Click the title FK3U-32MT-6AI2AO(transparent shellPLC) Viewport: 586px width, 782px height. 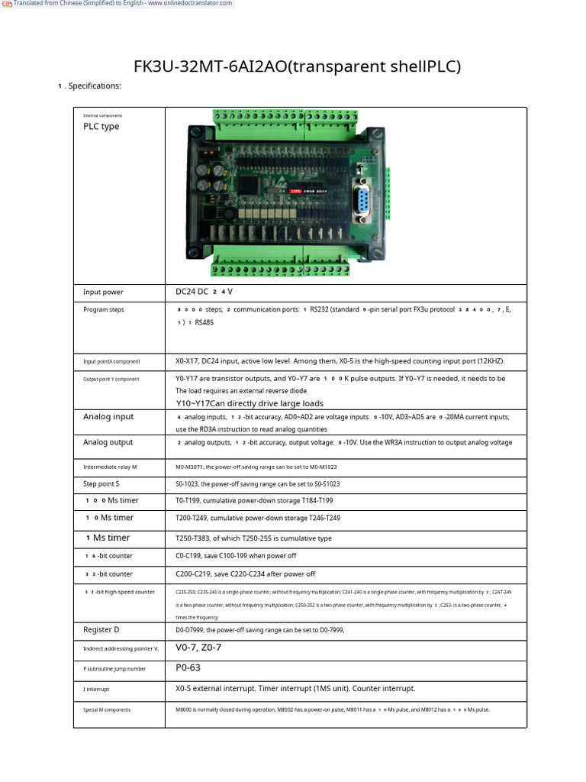(298, 66)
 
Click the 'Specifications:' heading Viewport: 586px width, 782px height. (95, 86)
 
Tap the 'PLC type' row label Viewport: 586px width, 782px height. (101, 127)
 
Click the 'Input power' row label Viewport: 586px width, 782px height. (103, 292)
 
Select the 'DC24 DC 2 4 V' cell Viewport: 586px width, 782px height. (204, 292)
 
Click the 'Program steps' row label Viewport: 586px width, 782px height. (104, 310)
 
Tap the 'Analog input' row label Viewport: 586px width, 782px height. (108, 417)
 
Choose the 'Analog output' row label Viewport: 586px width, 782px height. (108, 443)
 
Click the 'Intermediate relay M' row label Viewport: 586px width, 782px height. (110, 467)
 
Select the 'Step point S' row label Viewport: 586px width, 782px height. (101, 484)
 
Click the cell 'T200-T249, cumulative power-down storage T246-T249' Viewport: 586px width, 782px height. (258, 519)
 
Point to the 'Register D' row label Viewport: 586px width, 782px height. (101, 630)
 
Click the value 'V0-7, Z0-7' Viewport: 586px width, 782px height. (198, 648)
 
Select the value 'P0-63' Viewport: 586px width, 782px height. (188, 667)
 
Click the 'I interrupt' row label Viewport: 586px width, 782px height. (96, 690)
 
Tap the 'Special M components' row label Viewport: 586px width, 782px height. (107, 710)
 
